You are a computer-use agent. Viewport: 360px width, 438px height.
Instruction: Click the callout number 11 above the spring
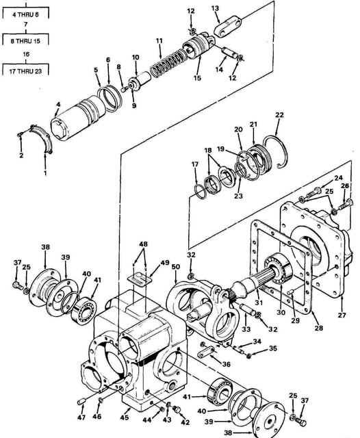pyautogui.click(x=159, y=42)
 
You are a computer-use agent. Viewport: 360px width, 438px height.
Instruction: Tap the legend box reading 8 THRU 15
pyautogui.click(x=25, y=40)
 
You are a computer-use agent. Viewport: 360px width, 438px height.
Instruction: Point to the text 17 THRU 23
pyautogui.click(x=25, y=70)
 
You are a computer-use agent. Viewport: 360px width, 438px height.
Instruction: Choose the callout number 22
pyautogui.click(x=279, y=114)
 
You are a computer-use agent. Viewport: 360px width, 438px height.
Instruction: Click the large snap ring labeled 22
pyautogui.click(x=277, y=146)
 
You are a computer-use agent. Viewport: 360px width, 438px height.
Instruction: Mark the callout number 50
pyautogui.click(x=175, y=266)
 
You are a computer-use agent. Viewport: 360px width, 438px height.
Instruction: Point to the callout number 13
pyautogui.click(x=215, y=8)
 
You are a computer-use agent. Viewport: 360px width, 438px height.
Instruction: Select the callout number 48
pyautogui.click(x=143, y=244)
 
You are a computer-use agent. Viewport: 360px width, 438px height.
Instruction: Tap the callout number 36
pyautogui.click(x=226, y=363)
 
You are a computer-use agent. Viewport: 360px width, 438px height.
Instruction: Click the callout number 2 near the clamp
pyautogui.click(x=21, y=156)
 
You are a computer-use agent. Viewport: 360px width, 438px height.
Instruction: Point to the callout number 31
pyautogui.click(x=259, y=301)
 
